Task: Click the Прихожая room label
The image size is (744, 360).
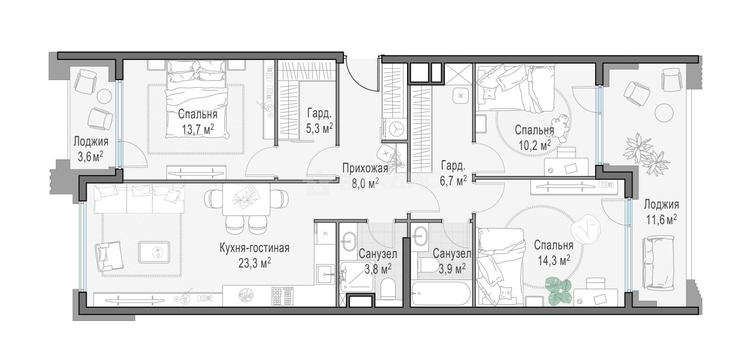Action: pos(365,168)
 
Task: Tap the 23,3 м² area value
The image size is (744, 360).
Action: pos(255,263)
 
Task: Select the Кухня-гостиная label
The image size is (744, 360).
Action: pos(255,248)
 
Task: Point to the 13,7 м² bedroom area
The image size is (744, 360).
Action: pos(198,129)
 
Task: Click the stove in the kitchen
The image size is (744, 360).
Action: pos(283,296)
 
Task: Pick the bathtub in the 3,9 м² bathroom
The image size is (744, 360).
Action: pos(441,294)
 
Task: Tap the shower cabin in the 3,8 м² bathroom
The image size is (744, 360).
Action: pos(357,276)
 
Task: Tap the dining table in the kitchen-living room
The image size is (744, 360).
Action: pos(246,199)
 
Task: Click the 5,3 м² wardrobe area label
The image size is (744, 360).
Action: pos(320,128)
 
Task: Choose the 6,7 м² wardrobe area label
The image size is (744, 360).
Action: pos(453,181)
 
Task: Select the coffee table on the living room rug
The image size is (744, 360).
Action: pos(155,253)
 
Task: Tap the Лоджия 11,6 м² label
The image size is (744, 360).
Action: pos(662,212)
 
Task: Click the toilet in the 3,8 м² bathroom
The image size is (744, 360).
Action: pos(387,289)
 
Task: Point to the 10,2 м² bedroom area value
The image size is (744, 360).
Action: pos(535,145)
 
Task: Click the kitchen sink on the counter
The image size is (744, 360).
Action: pos(326,274)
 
